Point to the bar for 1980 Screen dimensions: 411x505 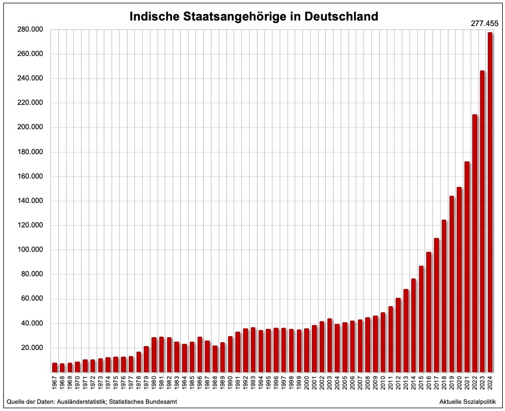pos(154,354)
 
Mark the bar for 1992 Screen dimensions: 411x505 pos(246,350)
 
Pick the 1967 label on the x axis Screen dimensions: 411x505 pos(55,383)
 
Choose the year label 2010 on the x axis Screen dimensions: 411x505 pos(383,383)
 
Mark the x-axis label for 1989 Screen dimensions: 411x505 pos(223,383)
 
